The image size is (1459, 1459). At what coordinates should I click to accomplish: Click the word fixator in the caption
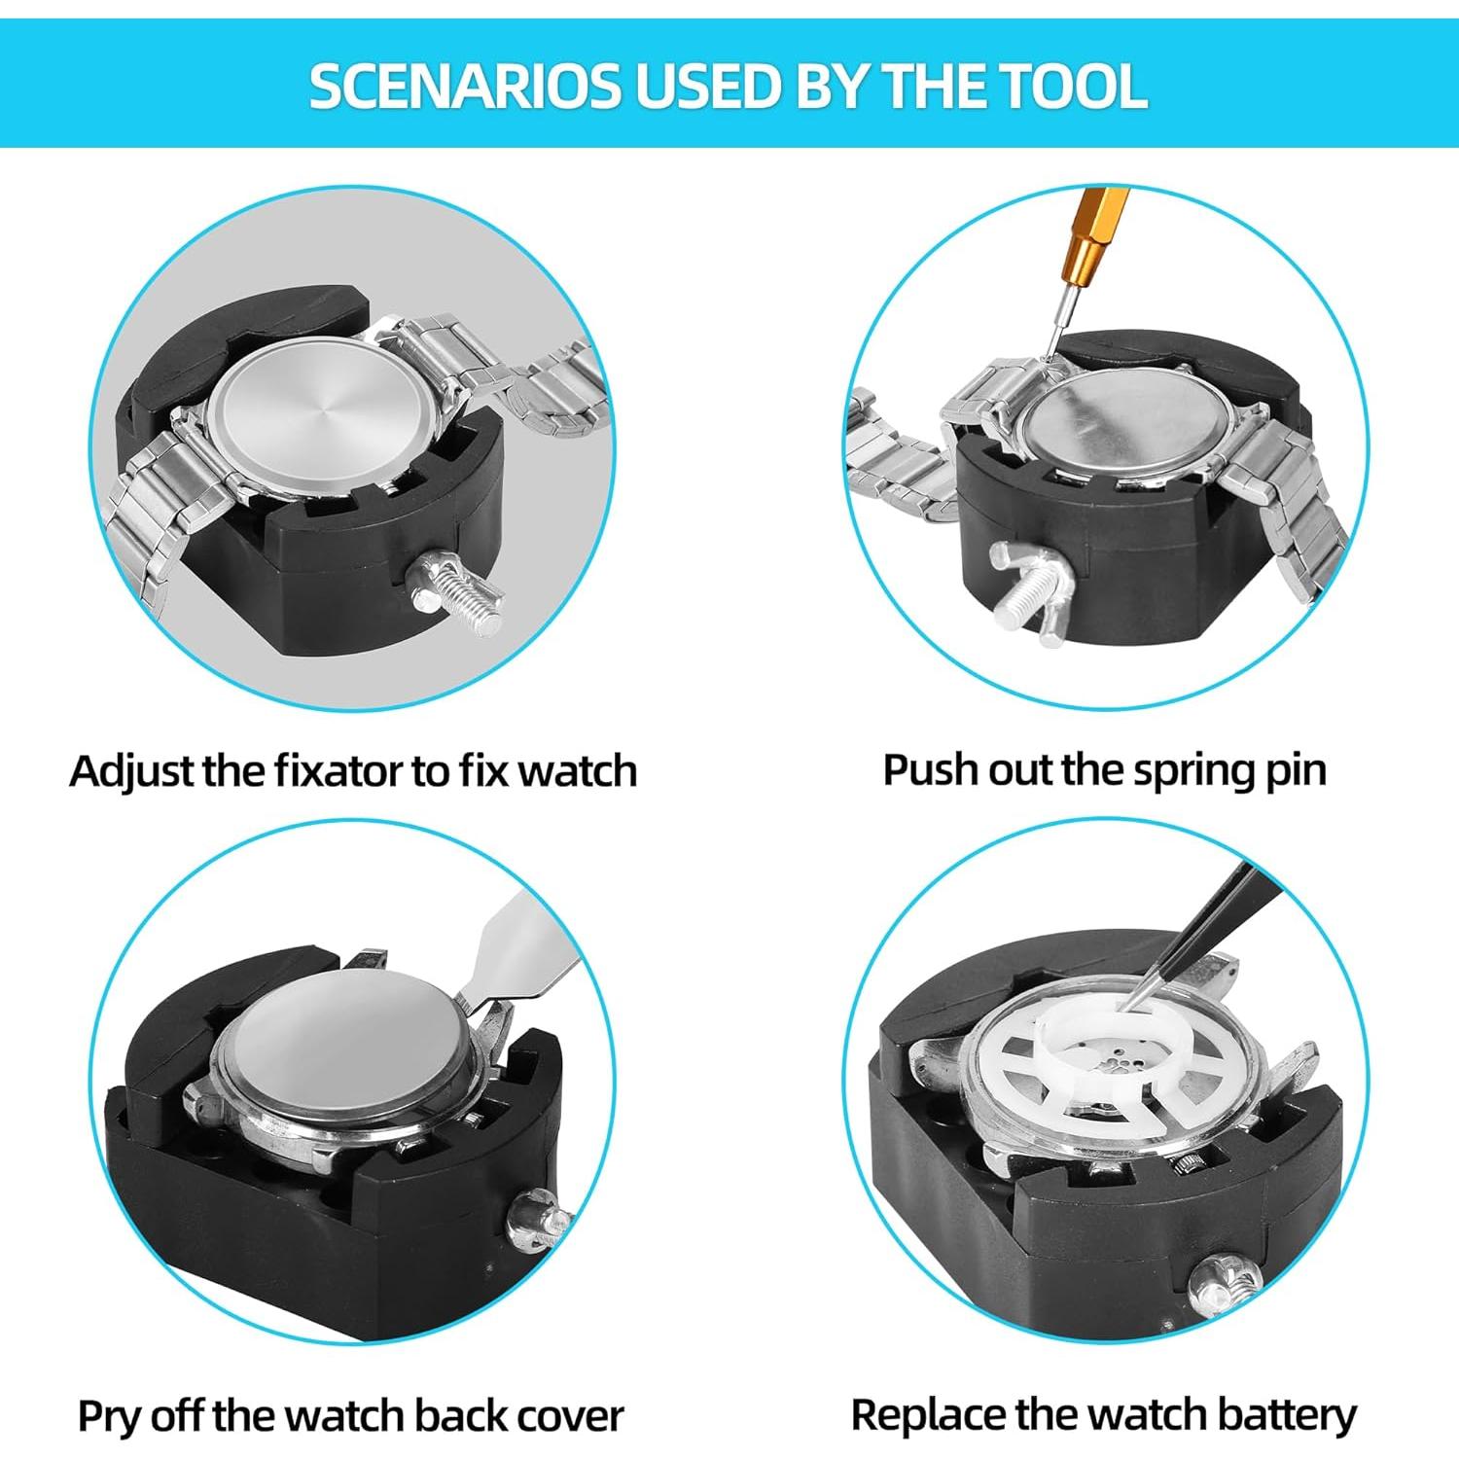click(x=338, y=770)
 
